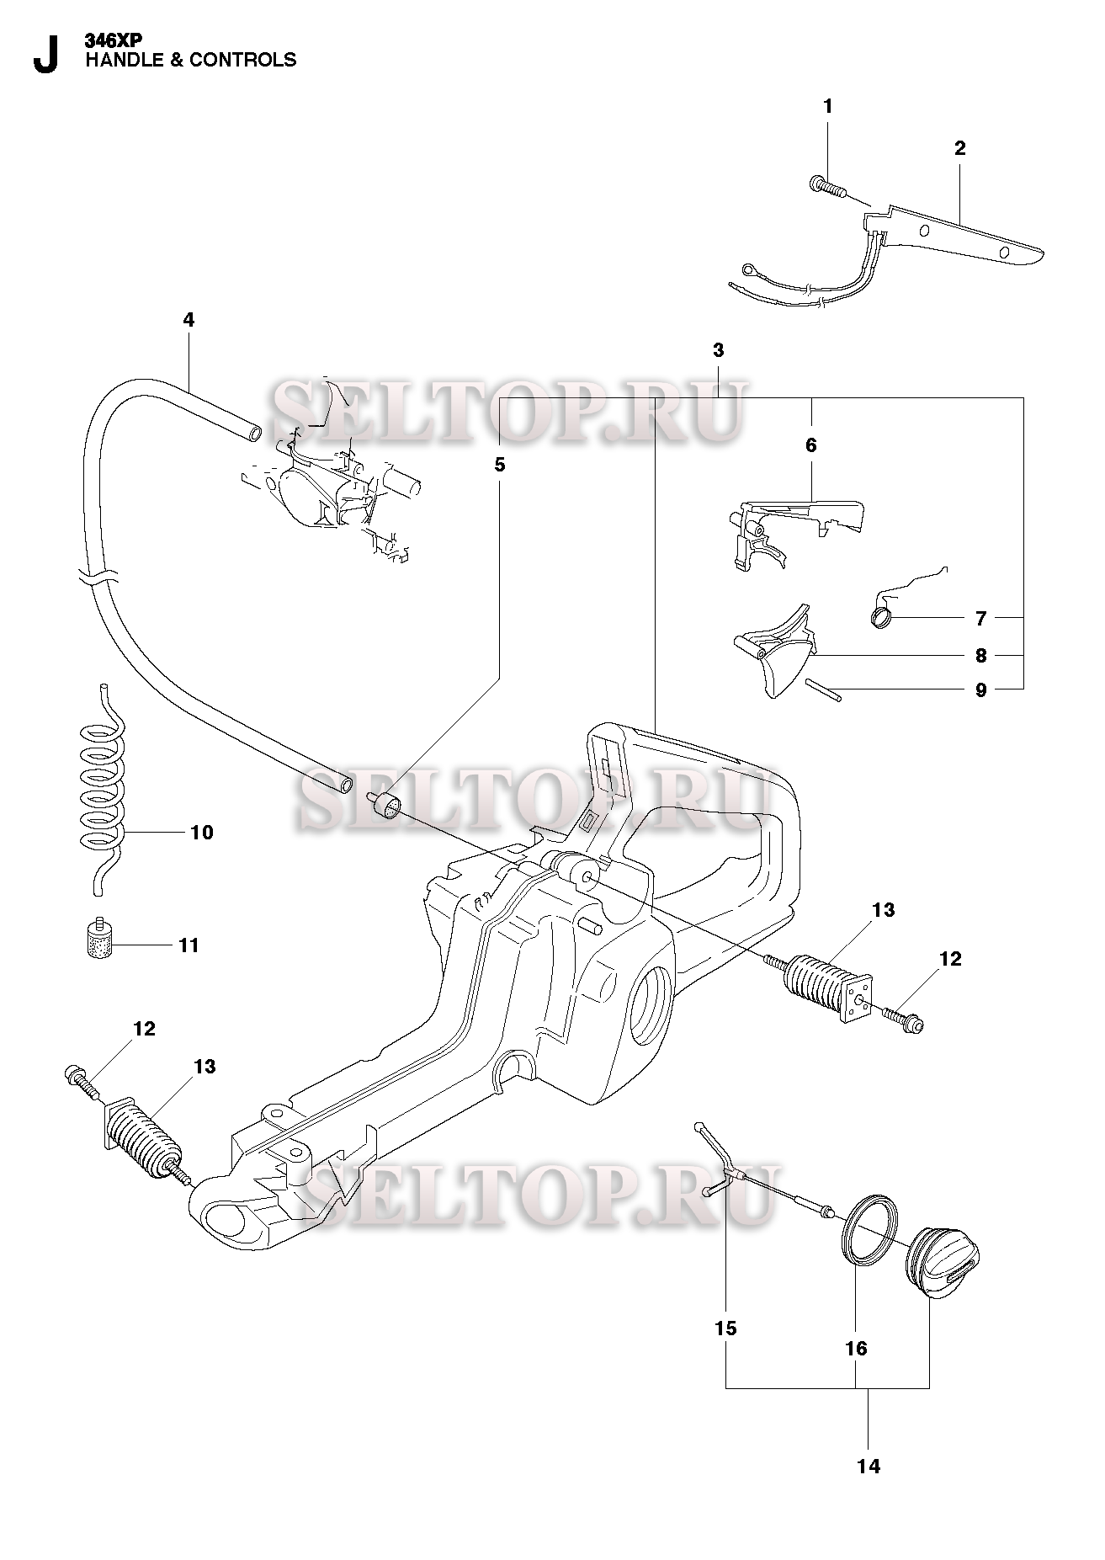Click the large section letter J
coord(45,55)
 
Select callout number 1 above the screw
coord(827,106)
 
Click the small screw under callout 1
coord(826,185)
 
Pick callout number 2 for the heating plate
coord(959,148)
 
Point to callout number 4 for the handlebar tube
coord(189,320)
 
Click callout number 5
coord(499,464)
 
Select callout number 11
coord(189,945)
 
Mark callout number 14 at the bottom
coord(869,1466)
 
